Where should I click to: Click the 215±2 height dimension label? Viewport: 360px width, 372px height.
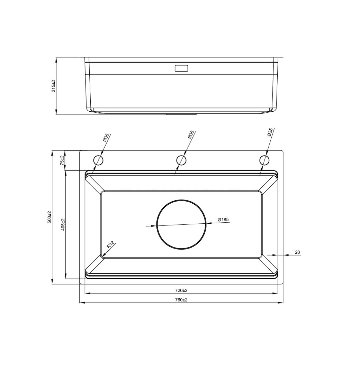click(x=54, y=86)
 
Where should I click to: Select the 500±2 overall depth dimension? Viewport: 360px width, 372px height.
click(x=49, y=217)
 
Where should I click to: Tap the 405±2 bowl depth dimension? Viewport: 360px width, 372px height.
click(x=63, y=224)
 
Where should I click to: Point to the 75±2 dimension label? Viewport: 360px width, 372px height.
click(x=62, y=160)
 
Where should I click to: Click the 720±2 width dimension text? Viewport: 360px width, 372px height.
click(x=181, y=290)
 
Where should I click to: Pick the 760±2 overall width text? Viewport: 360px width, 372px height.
click(x=181, y=300)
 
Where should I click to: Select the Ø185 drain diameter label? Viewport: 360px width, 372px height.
click(x=223, y=220)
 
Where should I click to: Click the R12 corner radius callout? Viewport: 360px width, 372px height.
click(x=110, y=245)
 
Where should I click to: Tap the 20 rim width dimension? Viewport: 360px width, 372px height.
click(x=297, y=252)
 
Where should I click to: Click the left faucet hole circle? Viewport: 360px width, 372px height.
click(x=98, y=160)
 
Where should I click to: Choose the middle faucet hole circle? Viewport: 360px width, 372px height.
click(x=181, y=160)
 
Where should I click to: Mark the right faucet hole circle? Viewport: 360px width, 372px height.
click(x=264, y=160)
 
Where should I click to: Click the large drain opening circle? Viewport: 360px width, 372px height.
click(x=181, y=224)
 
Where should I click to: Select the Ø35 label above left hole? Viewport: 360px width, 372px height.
click(x=106, y=138)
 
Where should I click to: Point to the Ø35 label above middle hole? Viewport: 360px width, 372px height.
click(x=191, y=135)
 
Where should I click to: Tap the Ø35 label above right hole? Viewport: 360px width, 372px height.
click(x=270, y=132)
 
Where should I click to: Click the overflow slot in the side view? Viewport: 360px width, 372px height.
click(x=181, y=68)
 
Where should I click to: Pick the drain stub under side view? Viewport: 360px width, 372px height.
click(x=181, y=113)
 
